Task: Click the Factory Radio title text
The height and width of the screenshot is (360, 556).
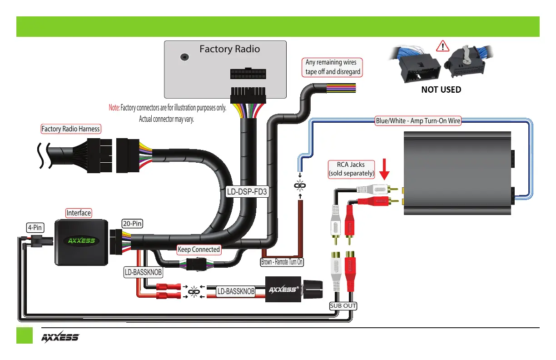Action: (x=229, y=49)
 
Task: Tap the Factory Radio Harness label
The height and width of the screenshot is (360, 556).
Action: (x=70, y=129)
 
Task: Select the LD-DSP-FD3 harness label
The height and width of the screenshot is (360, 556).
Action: (x=247, y=192)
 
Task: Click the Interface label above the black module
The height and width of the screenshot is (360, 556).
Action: (x=79, y=213)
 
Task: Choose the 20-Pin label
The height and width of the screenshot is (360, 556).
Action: (x=132, y=223)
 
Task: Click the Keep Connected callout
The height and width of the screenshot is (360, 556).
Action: (x=199, y=250)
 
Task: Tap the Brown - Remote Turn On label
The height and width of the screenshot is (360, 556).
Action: (x=282, y=262)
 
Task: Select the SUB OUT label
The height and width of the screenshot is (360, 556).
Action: (x=343, y=305)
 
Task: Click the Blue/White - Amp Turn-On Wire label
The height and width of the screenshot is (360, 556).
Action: (x=418, y=121)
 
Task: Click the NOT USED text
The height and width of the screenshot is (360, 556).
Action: (x=441, y=90)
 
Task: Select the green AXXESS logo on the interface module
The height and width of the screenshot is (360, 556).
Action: (x=81, y=240)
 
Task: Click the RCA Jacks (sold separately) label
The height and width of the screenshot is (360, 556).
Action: (x=351, y=169)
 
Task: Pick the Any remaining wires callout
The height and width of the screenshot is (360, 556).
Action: (x=333, y=67)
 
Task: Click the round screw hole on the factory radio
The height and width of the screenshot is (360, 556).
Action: (x=185, y=57)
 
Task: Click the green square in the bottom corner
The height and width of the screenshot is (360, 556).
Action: (x=25, y=335)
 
